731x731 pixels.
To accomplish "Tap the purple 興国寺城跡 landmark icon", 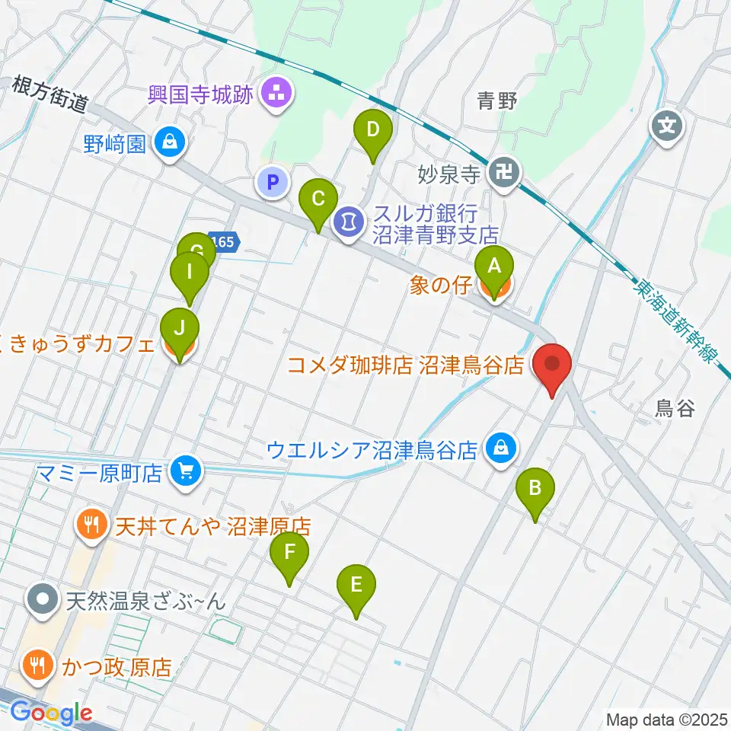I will [x=273, y=94].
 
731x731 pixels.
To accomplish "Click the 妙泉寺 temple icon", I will [x=504, y=172].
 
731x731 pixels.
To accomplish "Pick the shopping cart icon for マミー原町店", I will [x=185, y=471].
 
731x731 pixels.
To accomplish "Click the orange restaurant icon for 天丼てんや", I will [x=92, y=524].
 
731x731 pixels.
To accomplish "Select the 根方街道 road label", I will [x=50, y=92].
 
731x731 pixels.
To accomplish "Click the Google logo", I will [x=51, y=713].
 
